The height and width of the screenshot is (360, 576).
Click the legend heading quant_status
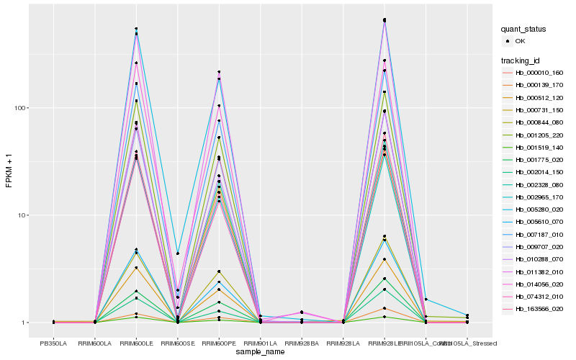[x=526, y=29]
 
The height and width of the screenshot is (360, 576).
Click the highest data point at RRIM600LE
[x=136, y=29]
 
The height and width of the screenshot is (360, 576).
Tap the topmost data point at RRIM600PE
[x=219, y=72]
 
